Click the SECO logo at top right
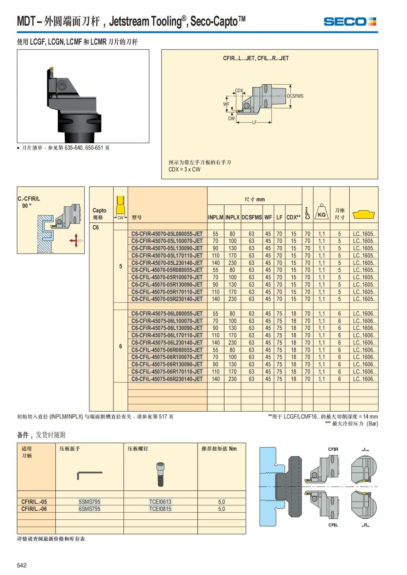point(350,22)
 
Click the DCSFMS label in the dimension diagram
point(295,96)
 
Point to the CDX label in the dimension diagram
point(239,90)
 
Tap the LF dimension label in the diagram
point(254,122)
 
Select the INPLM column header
point(215,218)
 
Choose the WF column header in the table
point(268,218)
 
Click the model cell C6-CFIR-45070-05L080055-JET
point(167,234)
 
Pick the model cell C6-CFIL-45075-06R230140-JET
point(167,379)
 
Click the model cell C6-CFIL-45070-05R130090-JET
point(167,285)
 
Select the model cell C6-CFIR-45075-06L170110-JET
point(167,335)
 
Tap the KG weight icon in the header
point(322,213)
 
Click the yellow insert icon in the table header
point(364,214)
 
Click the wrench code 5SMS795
point(90,502)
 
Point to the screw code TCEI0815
point(160,509)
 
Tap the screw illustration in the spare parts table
point(160,474)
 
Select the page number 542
point(22,565)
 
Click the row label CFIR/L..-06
point(34,509)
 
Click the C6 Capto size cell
point(96,227)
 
